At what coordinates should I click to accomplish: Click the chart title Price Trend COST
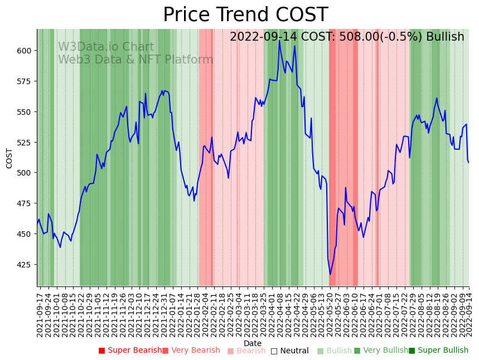(x=245, y=15)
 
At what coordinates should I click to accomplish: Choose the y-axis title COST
(x=9, y=158)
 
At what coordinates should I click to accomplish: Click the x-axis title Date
(x=253, y=344)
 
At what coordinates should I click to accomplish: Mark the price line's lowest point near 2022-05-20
(x=330, y=274)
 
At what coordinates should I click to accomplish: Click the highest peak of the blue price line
(x=279, y=40)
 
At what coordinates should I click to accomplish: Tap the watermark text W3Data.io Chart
(x=106, y=47)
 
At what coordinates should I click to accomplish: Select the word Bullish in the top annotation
(x=445, y=37)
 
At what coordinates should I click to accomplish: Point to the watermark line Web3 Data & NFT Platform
(x=136, y=60)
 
